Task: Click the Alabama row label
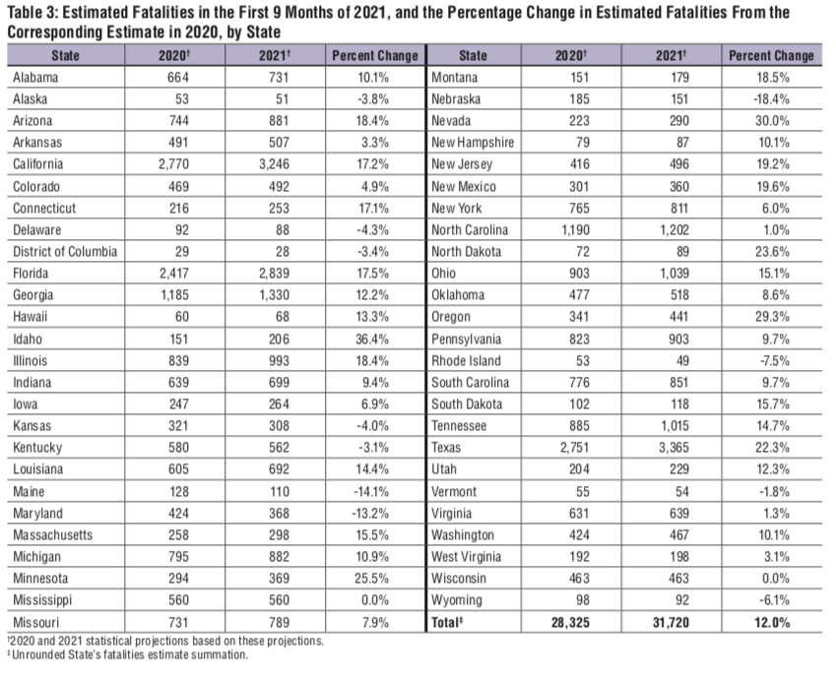(38, 78)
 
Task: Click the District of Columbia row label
(65, 251)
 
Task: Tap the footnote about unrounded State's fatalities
(128, 652)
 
